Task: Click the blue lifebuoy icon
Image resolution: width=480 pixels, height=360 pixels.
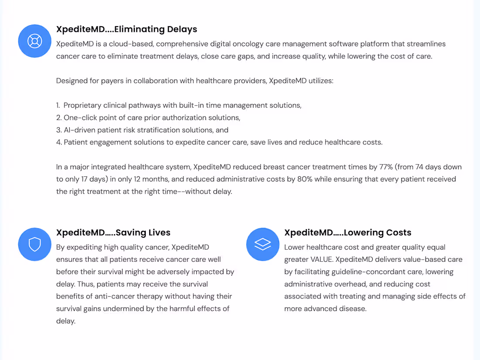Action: pyautogui.click(x=34, y=41)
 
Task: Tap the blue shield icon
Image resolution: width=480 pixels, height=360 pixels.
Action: pyautogui.click(x=34, y=244)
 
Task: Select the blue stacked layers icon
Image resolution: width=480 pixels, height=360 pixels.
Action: pyautogui.click(x=263, y=244)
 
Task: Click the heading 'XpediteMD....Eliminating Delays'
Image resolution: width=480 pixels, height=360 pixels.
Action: pyautogui.click(x=127, y=29)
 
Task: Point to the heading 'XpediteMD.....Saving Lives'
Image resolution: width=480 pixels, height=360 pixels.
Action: pyautogui.click(x=113, y=233)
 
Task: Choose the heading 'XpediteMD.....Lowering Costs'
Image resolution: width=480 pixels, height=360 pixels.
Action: pyautogui.click(x=347, y=233)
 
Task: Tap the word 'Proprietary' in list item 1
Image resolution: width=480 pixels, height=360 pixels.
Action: pyautogui.click(x=84, y=105)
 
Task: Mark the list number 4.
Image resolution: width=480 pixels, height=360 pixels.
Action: pyautogui.click(x=58, y=142)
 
